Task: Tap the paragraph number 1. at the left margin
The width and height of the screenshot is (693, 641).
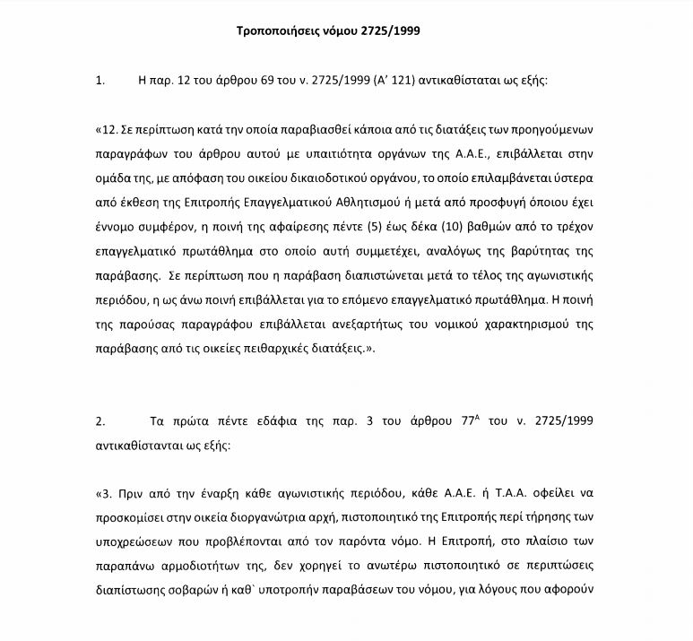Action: (100, 80)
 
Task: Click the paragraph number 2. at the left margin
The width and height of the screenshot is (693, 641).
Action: (100, 420)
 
